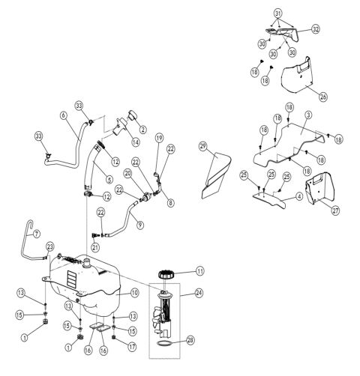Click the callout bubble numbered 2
tap(142, 130)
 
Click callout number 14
tap(136, 142)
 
